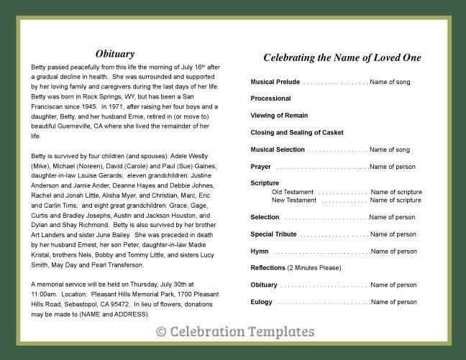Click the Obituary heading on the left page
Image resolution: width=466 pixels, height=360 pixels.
point(114,54)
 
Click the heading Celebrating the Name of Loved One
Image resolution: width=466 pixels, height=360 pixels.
point(342,57)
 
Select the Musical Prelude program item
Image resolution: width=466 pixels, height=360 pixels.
point(275,82)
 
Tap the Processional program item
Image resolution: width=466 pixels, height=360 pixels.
point(270,98)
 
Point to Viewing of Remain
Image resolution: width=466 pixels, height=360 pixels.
point(279,116)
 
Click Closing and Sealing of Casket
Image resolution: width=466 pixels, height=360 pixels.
point(297,133)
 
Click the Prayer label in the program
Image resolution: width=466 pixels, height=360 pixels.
point(260,167)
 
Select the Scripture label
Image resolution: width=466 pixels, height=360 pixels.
point(265,183)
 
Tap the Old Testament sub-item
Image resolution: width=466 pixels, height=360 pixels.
point(292,192)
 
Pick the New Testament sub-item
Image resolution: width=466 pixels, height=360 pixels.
point(293,200)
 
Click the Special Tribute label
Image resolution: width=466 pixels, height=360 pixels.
point(274,234)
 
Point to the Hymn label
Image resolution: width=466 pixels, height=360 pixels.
point(260,251)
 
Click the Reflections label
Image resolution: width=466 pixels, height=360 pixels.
point(268,268)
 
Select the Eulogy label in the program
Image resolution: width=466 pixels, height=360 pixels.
point(261,302)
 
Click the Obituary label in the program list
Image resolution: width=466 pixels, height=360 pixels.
point(264,285)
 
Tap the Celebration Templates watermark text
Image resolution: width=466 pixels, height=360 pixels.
point(234,331)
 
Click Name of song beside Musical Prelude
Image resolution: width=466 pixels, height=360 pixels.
point(390,82)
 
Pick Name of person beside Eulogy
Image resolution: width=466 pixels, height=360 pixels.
point(393,302)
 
